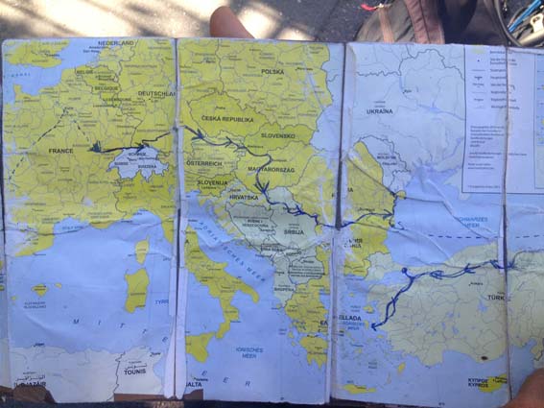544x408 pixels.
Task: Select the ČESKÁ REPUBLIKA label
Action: pyautogui.click(x=227, y=120)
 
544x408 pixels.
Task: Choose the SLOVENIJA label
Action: pyautogui.click(x=212, y=181)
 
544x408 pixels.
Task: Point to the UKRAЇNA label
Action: pyautogui.click(x=379, y=111)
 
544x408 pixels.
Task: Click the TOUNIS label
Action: pyautogui.click(x=135, y=371)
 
